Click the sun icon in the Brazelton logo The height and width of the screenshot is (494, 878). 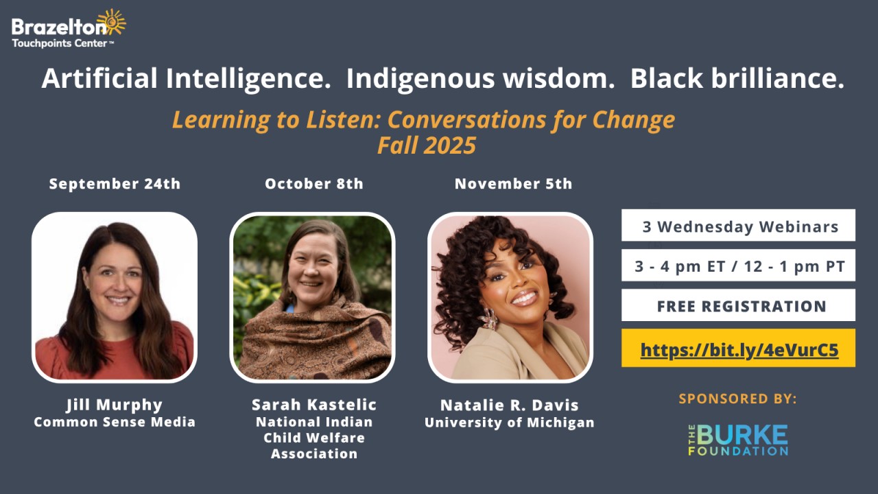click(x=112, y=23)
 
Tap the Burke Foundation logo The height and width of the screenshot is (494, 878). click(x=738, y=440)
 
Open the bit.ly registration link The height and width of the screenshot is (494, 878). click(x=739, y=350)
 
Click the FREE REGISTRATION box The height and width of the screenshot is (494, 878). click(x=739, y=305)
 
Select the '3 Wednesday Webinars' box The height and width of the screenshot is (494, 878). click(x=739, y=225)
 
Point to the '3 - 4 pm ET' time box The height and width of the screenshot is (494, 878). click(x=739, y=265)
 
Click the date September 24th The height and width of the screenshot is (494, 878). click(x=115, y=183)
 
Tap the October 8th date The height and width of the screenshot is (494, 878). click(x=314, y=183)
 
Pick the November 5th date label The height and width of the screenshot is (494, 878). click(x=514, y=183)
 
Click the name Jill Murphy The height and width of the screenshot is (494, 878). click(x=115, y=405)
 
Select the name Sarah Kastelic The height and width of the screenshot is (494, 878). click(x=314, y=405)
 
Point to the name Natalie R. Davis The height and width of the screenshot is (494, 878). click(x=510, y=405)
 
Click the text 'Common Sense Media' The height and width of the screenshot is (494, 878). click(x=115, y=422)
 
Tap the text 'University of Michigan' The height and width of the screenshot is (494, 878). click(x=510, y=422)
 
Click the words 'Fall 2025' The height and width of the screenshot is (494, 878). click(x=427, y=145)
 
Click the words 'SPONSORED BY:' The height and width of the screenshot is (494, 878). click(x=737, y=399)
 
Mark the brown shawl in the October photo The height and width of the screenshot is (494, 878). click(x=313, y=340)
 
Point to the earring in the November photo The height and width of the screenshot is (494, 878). click(x=489, y=318)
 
